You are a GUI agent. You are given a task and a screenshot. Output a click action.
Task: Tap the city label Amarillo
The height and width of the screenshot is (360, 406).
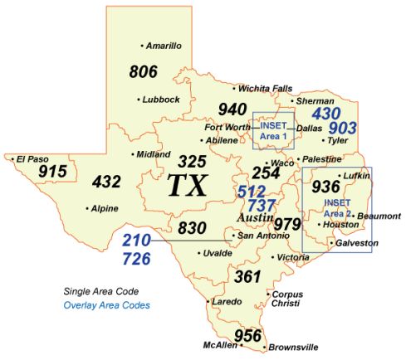(x=164, y=46)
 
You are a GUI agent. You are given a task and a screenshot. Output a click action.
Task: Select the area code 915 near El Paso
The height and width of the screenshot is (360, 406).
(x=52, y=171)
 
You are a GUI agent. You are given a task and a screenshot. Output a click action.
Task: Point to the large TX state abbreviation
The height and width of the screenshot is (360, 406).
(x=188, y=185)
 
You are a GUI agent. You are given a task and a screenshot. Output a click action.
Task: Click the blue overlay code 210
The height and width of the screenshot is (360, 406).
(x=137, y=241)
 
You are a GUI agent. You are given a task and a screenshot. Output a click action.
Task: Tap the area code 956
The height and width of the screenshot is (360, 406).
(x=248, y=335)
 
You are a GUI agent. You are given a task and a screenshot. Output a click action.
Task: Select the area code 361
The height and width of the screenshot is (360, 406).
(x=247, y=276)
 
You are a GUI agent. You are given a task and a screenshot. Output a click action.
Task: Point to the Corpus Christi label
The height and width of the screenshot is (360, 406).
(x=287, y=299)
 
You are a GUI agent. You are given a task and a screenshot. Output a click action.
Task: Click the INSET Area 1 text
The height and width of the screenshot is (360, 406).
(x=273, y=130)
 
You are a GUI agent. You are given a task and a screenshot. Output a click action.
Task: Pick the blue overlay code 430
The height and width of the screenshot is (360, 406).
(x=326, y=112)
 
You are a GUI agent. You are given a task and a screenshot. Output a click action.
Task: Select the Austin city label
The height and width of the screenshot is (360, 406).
(x=255, y=217)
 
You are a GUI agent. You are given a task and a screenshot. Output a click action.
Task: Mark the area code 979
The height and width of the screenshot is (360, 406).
(x=287, y=224)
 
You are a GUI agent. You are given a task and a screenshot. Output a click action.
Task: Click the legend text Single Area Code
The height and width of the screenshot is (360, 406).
(x=102, y=291)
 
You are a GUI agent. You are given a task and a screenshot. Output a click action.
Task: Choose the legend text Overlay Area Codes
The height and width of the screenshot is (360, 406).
(x=107, y=305)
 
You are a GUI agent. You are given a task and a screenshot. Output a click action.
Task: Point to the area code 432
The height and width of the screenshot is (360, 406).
(x=106, y=181)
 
